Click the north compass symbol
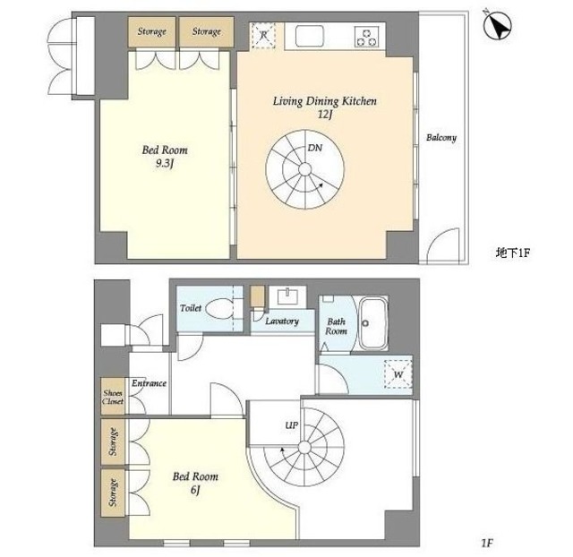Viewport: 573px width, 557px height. (498, 25)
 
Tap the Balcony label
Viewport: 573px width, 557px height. (441, 138)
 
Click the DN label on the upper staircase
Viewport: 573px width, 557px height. (314, 148)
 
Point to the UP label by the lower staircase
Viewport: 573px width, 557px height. (292, 425)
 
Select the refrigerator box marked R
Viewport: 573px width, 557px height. (263, 36)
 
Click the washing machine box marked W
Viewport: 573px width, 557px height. (398, 374)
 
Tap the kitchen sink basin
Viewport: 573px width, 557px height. (310, 36)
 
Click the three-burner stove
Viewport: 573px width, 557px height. (366, 37)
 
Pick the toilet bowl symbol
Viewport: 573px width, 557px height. (219, 309)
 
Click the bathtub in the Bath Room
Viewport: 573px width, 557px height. (372, 323)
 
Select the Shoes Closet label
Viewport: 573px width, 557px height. (113, 397)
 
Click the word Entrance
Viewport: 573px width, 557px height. (150, 383)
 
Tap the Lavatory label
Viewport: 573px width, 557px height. (282, 321)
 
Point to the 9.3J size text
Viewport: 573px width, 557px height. (165, 163)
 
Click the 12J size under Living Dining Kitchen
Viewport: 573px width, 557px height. (325, 115)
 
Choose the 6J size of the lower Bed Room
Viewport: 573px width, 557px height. (195, 490)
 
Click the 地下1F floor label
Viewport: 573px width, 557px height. (512, 253)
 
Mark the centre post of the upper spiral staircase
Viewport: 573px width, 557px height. (304, 169)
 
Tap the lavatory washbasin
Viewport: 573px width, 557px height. (288, 296)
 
